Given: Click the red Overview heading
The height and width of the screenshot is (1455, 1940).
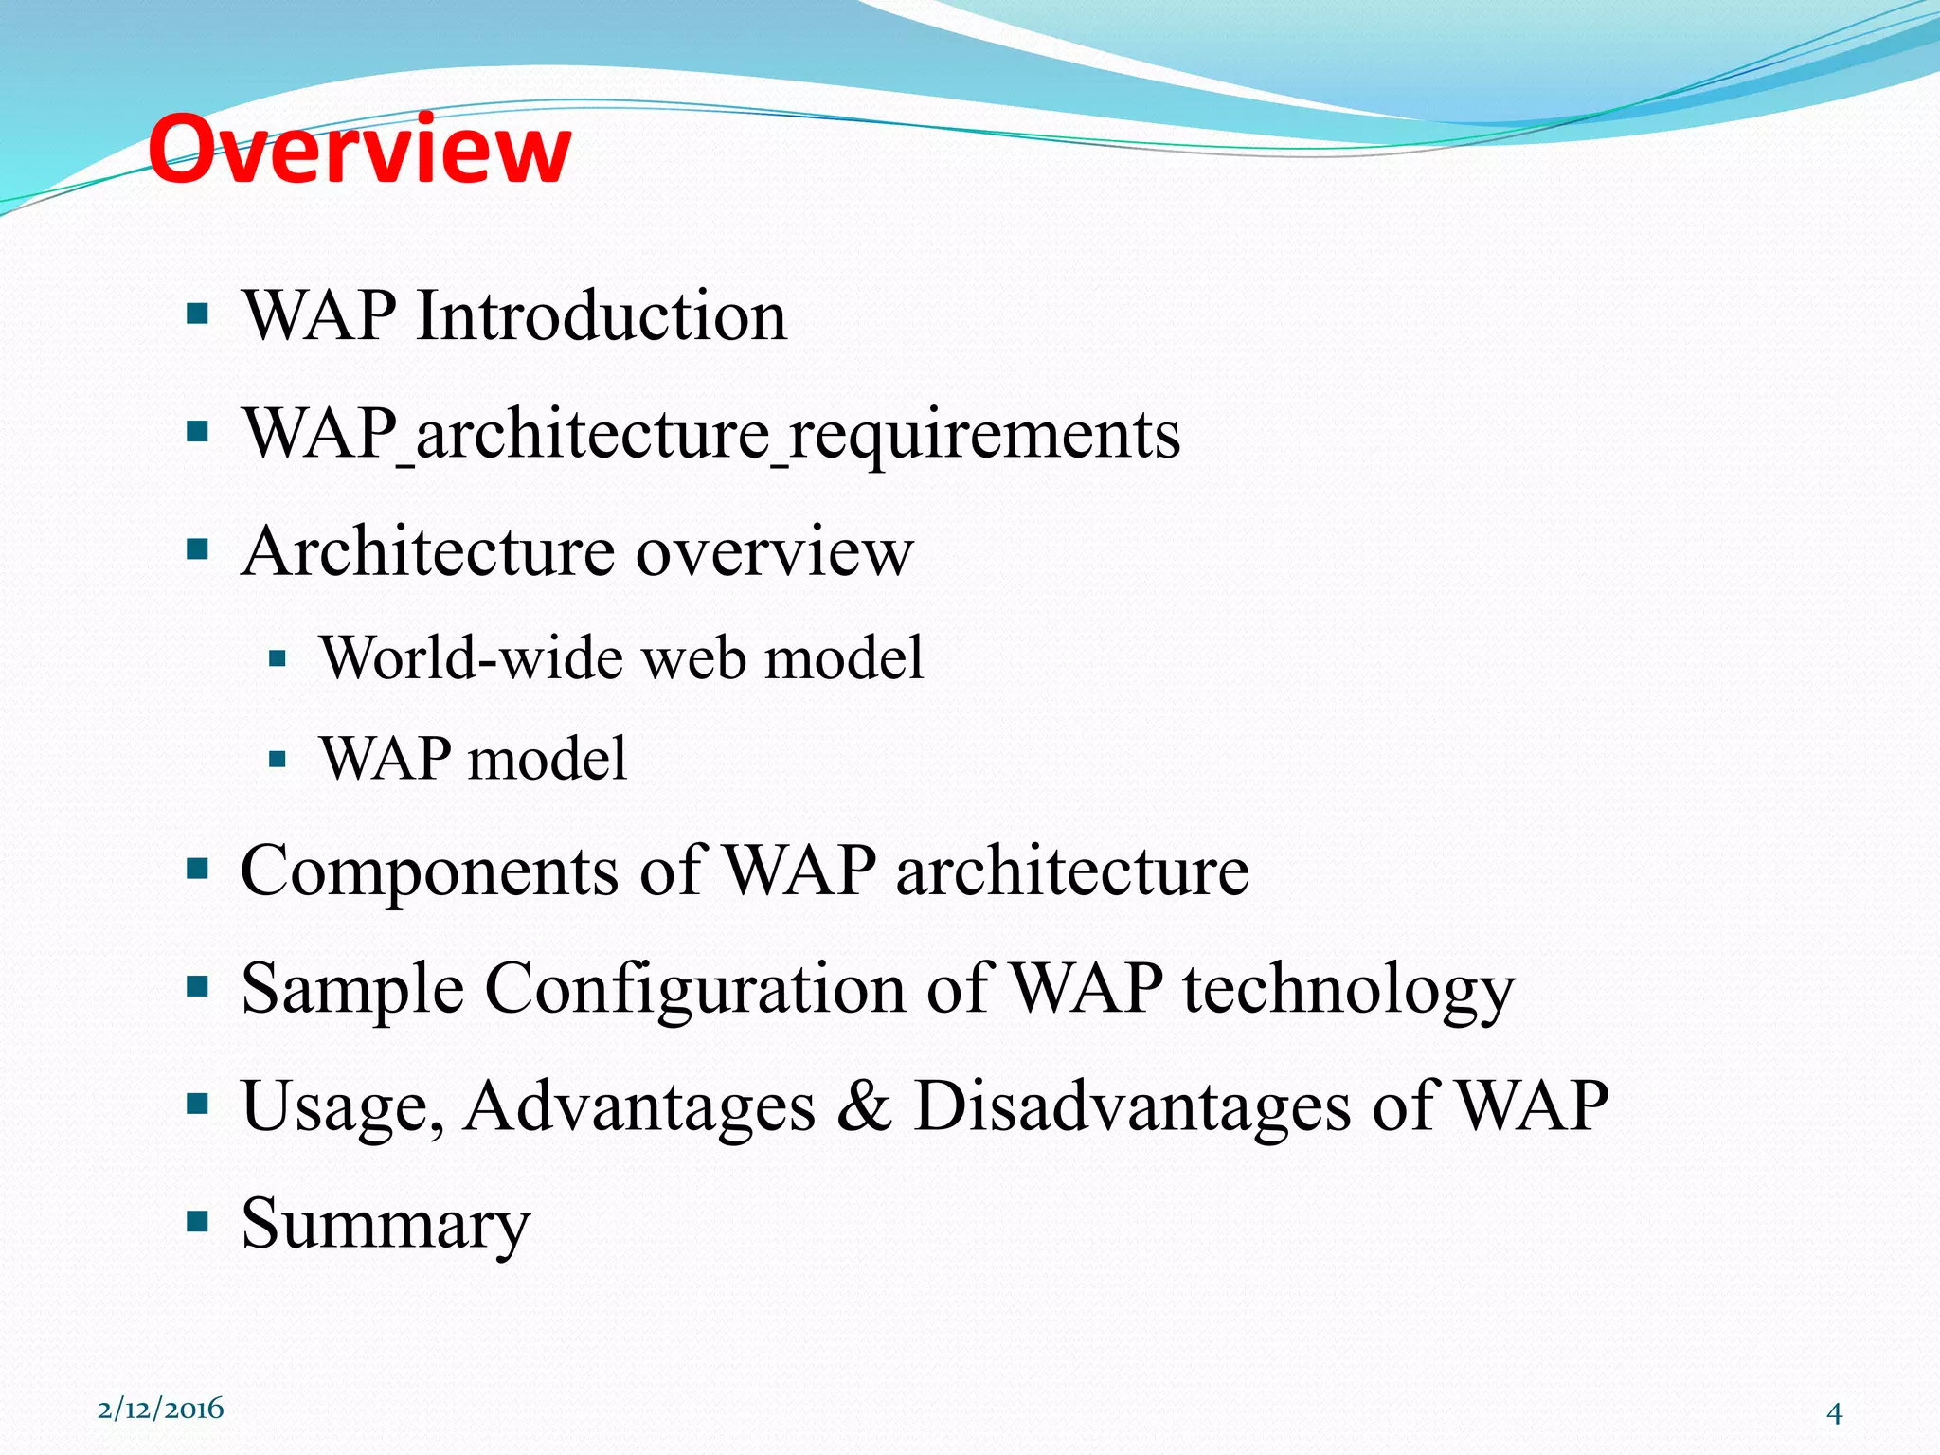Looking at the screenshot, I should pyautogui.click(x=360, y=150).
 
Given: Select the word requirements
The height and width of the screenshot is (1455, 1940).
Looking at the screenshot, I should pyautogui.click(x=985, y=435).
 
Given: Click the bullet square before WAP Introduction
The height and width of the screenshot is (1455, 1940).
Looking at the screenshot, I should pyautogui.click(x=197, y=314).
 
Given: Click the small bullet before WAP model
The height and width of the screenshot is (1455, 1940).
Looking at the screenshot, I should pyautogui.click(x=277, y=759).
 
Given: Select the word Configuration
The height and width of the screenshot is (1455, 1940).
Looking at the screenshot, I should pyautogui.click(x=695, y=988).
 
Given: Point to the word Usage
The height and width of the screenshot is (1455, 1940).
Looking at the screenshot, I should pyautogui.click(x=342, y=1106).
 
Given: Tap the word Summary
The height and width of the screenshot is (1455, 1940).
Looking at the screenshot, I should pyautogui.click(x=386, y=1225).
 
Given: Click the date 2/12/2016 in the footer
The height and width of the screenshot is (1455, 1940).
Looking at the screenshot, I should pyautogui.click(x=161, y=1409).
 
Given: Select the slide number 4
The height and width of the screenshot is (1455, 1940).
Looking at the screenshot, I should pyautogui.click(x=1834, y=1413).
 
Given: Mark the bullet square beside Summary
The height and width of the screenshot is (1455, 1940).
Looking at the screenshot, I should pyautogui.click(x=197, y=1220).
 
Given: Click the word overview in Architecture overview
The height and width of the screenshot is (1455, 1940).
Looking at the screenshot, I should pyautogui.click(x=774, y=551).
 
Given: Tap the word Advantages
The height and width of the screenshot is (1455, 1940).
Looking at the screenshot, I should pyautogui.click(x=639, y=1106).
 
